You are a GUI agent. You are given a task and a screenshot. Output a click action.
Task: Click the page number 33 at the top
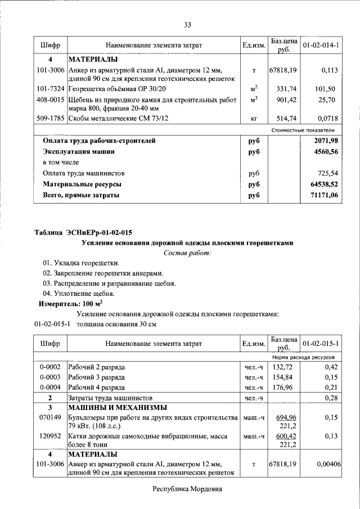tap(188, 24)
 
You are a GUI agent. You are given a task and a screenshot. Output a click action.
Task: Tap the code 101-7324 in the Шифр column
tap(50, 89)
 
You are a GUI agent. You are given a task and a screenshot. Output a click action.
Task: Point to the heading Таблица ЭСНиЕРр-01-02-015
tap(84, 232)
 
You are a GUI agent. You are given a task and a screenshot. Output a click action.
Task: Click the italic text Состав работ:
tap(187, 253)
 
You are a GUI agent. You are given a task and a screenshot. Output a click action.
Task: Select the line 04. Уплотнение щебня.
tap(79, 293)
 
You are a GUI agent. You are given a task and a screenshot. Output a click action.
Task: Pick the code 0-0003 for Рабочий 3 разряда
tap(50, 377)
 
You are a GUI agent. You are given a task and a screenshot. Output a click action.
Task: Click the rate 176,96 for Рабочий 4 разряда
tap(283, 387)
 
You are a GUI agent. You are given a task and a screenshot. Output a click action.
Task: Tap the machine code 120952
tap(50, 435)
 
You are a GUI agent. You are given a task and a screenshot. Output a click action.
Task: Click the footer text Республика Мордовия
tap(187, 489)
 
